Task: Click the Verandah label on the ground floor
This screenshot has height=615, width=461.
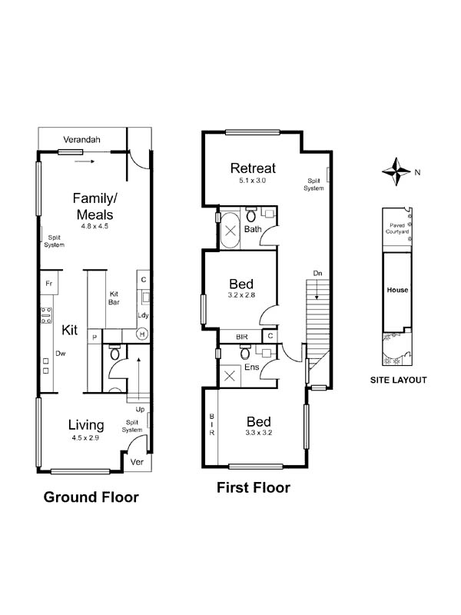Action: point(81,140)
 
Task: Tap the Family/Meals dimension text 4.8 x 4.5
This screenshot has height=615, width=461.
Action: point(95,226)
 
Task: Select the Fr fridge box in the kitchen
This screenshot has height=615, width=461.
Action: point(49,283)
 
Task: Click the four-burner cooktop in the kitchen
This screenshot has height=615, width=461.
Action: point(46,315)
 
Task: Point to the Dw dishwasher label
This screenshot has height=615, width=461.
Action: point(61,354)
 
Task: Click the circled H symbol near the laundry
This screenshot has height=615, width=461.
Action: point(142,334)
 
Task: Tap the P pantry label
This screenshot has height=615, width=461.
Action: point(95,337)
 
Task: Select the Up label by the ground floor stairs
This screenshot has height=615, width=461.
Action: point(140,410)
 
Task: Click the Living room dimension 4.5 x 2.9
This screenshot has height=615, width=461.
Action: point(85,438)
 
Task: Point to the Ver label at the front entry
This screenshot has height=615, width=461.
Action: point(137,462)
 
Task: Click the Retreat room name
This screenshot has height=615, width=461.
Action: point(253,168)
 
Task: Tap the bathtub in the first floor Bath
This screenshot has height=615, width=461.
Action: point(230,230)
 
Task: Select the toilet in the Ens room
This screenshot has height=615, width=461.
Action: point(245,352)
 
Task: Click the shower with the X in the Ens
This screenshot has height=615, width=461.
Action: point(230,376)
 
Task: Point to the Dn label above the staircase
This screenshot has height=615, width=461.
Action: point(317,273)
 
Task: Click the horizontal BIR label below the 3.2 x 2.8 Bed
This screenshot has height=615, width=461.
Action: point(242,337)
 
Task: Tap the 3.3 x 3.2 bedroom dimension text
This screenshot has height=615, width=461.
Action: point(259,433)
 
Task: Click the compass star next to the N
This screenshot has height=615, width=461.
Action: point(396,171)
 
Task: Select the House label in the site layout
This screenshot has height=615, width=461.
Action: point(397,291)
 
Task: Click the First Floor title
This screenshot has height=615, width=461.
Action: point(254,487)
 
